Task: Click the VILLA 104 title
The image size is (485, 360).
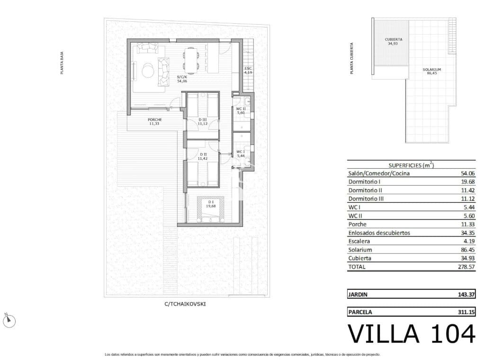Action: click(x=411, y=334)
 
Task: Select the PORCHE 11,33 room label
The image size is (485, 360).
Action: click(x=155, y=121)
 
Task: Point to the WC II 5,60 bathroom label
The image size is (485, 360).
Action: click(x=241, y=111)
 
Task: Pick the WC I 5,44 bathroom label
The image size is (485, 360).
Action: click(x=241, y=153)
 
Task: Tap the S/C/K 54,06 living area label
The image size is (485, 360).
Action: click(x=182, y=79)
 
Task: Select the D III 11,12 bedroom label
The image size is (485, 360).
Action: click(x=203, y=121)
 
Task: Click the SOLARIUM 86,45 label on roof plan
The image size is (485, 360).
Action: click(x=431, y=72)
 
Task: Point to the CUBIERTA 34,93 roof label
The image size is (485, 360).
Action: click(x=394, y=41)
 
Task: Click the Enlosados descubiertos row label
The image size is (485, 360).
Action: click(x=379, y=233)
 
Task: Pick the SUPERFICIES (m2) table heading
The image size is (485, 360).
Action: click(x=411, y=165)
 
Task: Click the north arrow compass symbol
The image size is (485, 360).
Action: click(x=9, y=321)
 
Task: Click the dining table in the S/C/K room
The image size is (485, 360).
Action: click(x=191, y=60)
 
